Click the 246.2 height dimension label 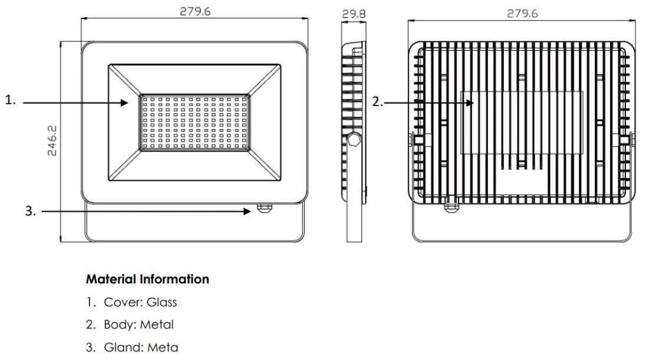click(52, 141)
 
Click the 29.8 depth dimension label click(354, 14)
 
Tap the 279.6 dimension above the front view click(195, 11)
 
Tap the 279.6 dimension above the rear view click(522, 14)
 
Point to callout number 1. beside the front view click(10, 100)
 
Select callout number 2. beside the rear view click(377, 101)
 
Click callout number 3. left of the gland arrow click(31, 211)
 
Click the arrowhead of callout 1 click(124, 103)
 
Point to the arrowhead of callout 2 click(470, 102)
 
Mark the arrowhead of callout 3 click(247, 212)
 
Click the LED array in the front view click(195, 123)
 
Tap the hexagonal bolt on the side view click(353, 139)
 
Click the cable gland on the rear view click(451, 203)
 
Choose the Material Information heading click(147, 279)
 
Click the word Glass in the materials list click(162, 302)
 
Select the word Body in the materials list click(119, 325)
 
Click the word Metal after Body click(156, 325)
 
